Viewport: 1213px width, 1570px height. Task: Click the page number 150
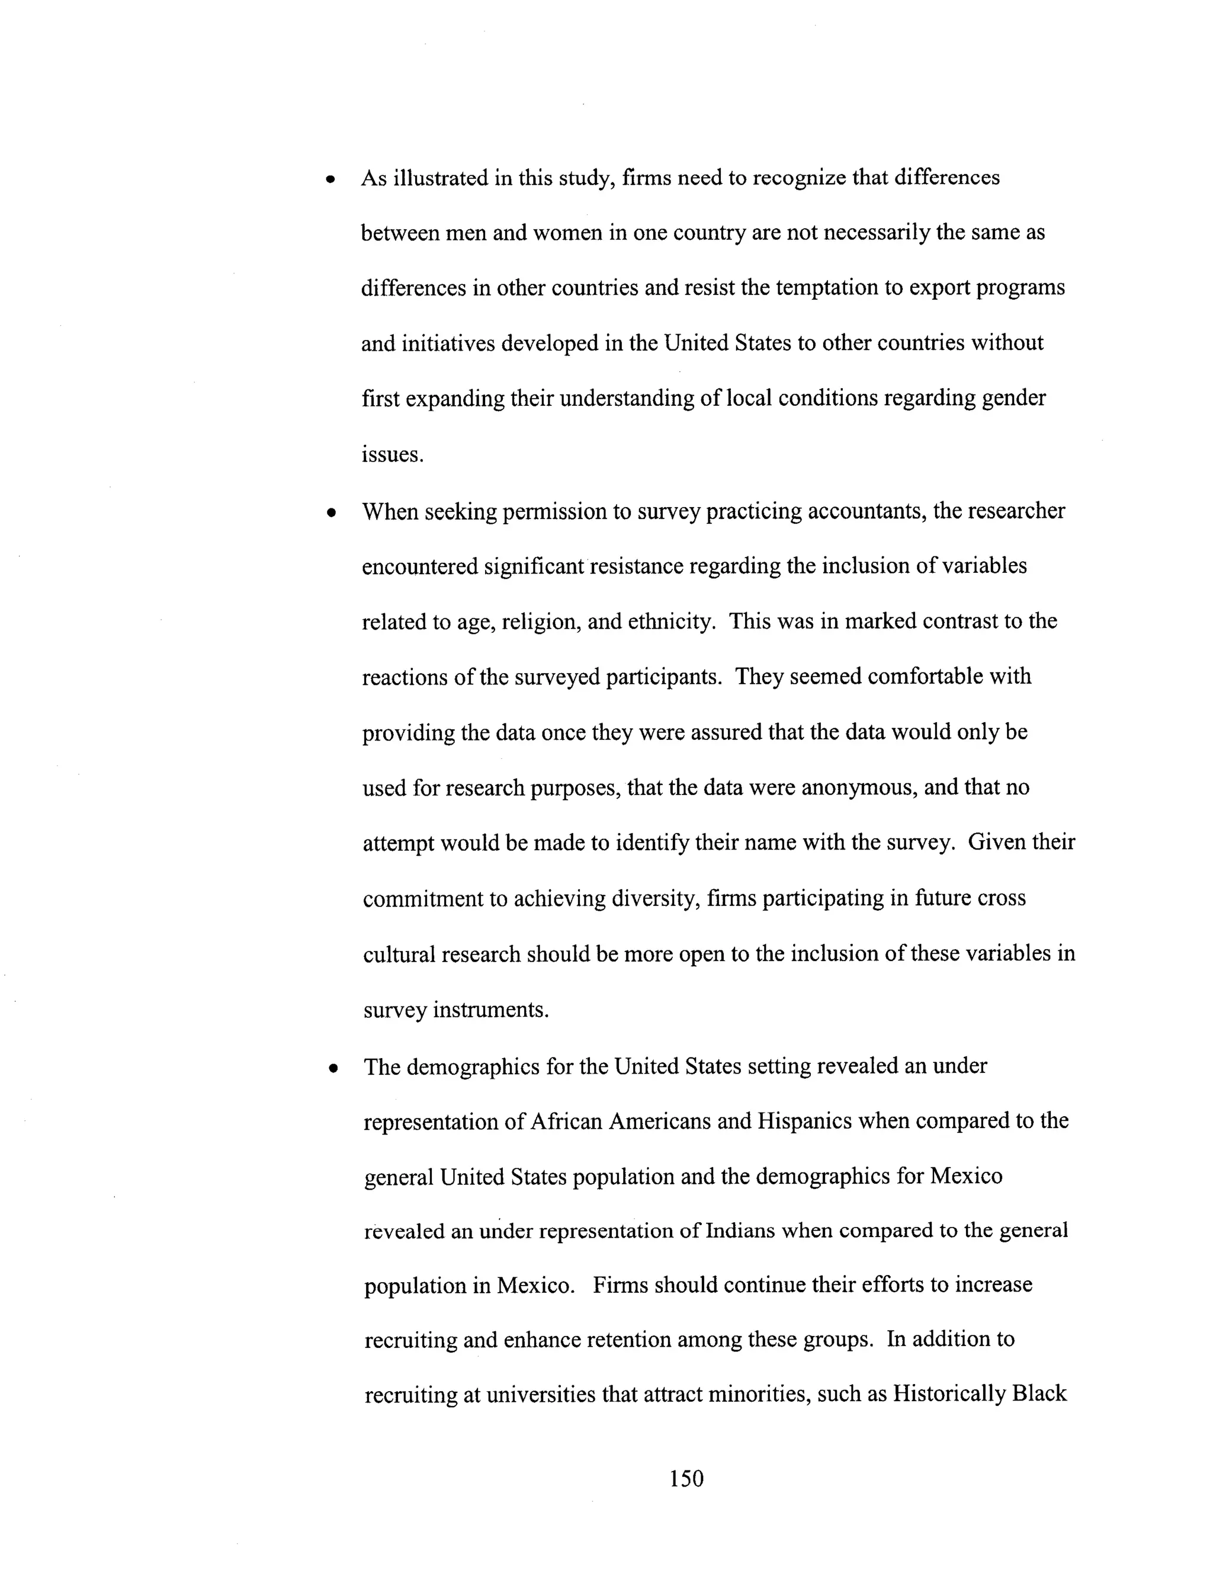click(686, 1478)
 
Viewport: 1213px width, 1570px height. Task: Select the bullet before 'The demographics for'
click(332, 1069)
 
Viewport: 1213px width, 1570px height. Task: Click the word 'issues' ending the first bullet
click(392, 454)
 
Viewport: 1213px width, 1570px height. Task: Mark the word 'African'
click(566, 1122)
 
